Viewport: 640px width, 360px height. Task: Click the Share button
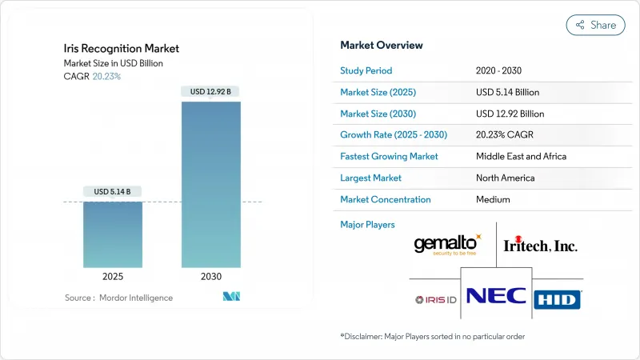595,25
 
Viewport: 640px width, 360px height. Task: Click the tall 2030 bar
211,184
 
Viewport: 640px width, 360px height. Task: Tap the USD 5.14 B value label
113,192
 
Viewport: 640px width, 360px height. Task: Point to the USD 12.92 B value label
211,91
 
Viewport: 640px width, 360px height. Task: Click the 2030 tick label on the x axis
211,277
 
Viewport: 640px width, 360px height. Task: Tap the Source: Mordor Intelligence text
118,298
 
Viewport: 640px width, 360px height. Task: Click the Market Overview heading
382,45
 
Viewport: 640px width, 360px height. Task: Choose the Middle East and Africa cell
521,156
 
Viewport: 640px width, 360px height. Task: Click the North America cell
506,178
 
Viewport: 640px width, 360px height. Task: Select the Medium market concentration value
493,199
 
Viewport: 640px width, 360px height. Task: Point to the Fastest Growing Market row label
389,156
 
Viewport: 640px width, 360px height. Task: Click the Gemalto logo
447,244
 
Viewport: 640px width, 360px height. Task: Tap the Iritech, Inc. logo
539,246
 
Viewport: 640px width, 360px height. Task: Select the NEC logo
496,296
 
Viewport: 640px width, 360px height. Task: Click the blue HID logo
558,299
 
